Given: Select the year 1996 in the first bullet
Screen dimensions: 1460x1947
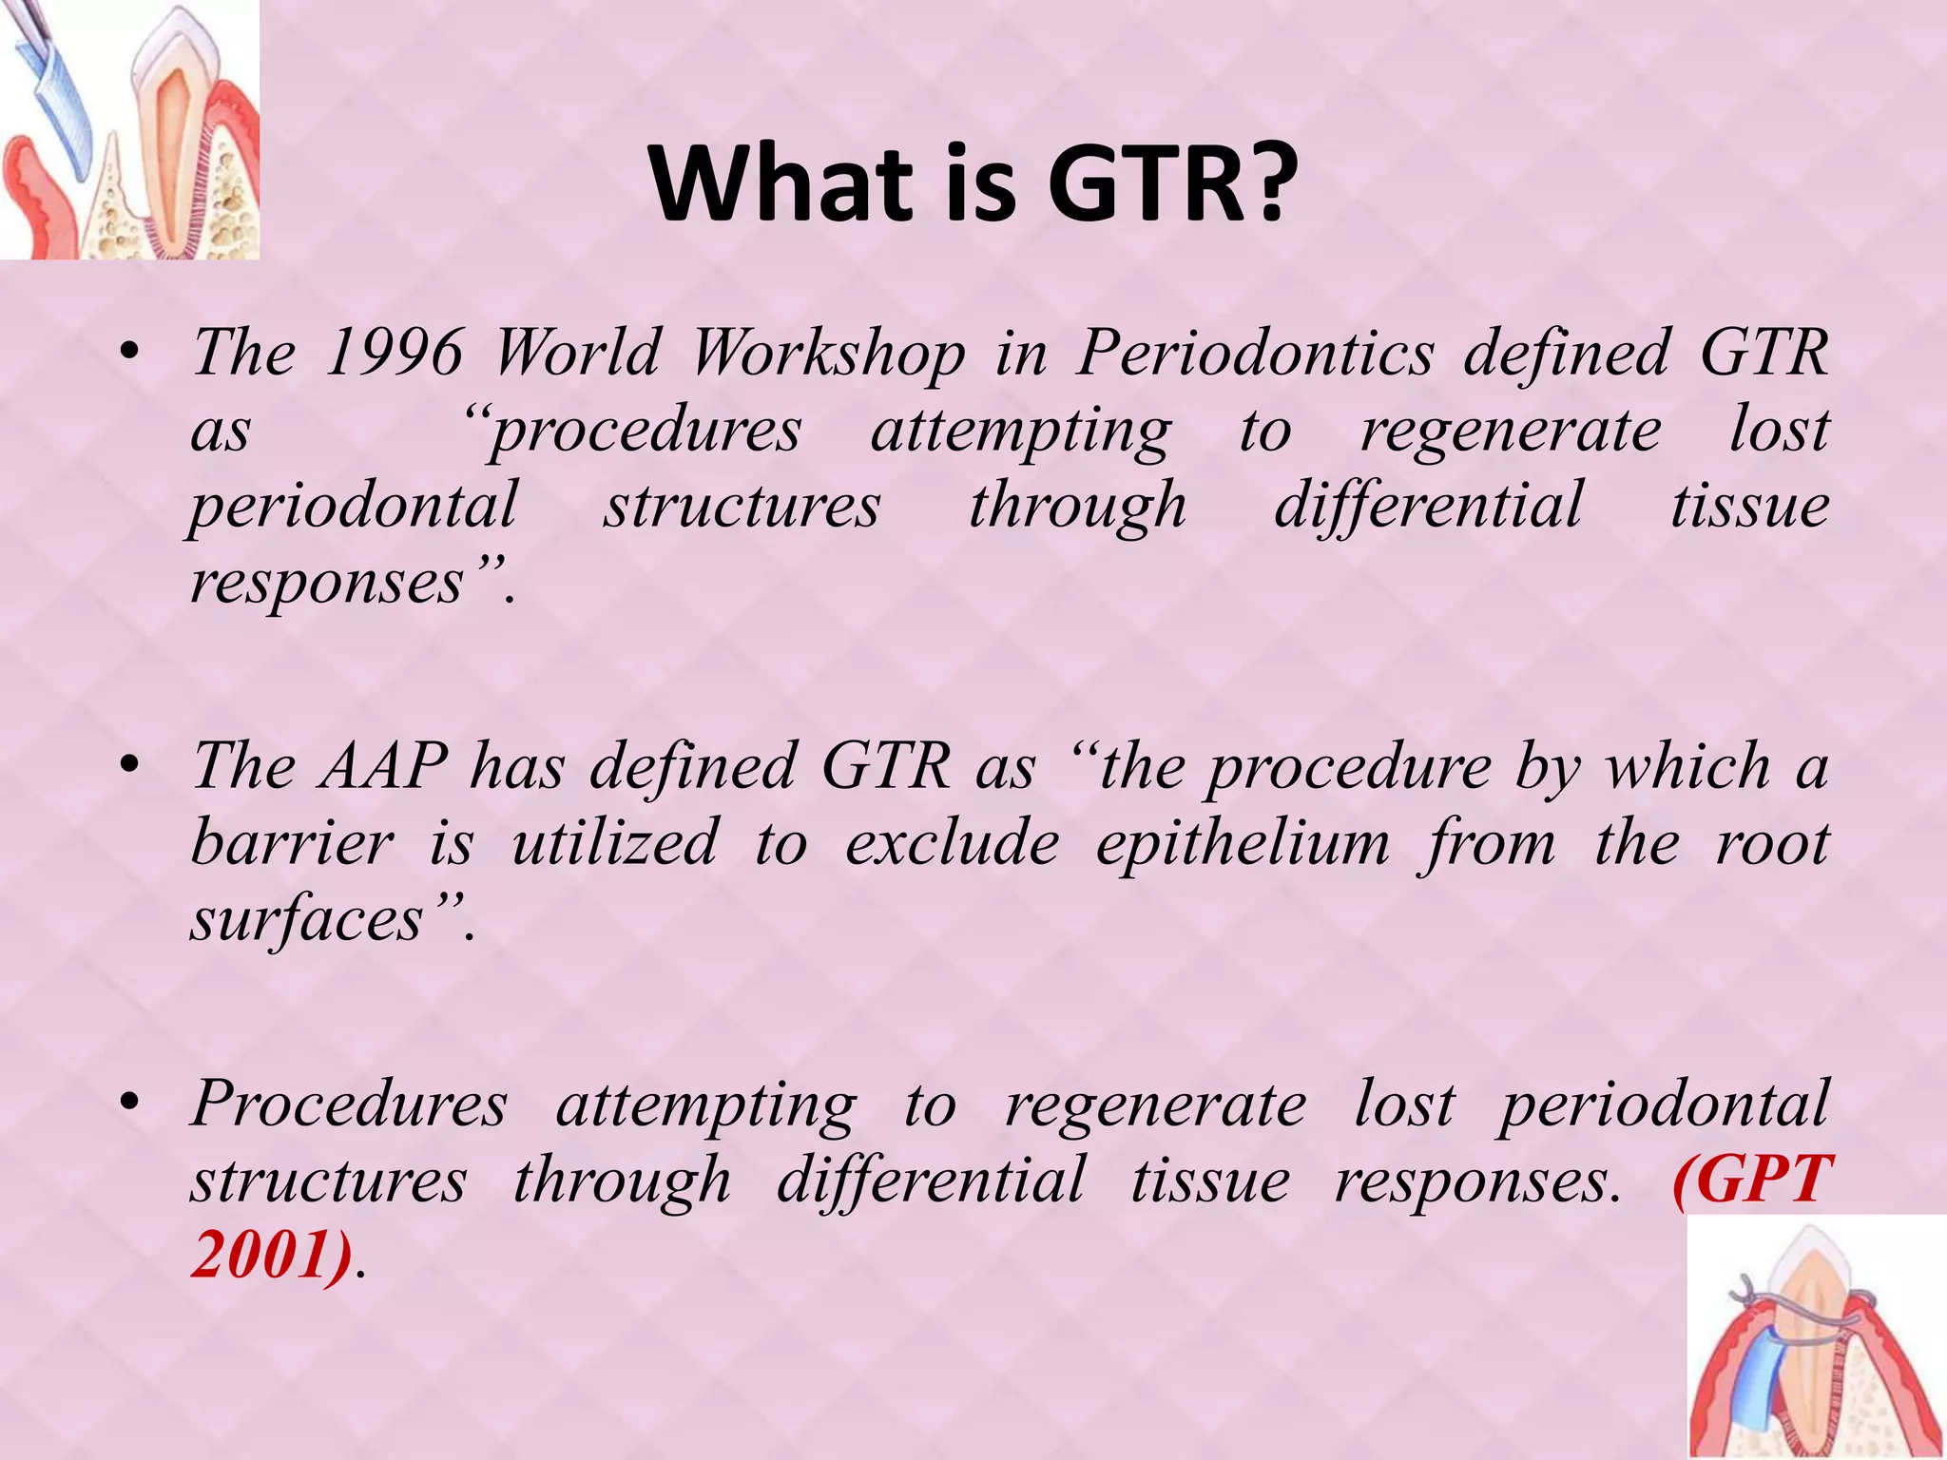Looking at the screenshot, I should tap(393, 354).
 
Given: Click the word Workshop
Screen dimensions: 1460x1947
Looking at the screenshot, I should tap(826, 354).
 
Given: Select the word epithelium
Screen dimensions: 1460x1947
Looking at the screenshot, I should tap(1242, 843).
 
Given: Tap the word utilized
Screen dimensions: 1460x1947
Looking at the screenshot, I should tap(614, 843).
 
